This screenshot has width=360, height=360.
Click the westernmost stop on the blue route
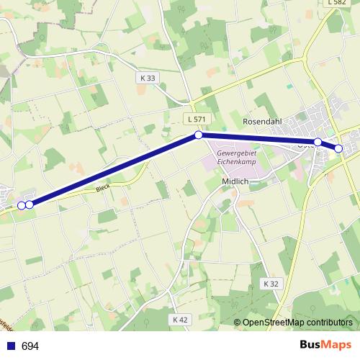coord(21,205)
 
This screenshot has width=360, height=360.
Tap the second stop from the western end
coord(30,204)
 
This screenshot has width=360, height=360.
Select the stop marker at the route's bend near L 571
coord(198,135)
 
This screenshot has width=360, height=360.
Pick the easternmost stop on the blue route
coord(338,148)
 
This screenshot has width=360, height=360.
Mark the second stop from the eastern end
coord(318,142)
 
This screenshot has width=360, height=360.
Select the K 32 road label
coord(271,284)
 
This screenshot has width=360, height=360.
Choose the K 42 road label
coord(180,319)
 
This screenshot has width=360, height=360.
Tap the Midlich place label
coord(235,181)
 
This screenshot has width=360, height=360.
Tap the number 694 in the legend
coord(30,346)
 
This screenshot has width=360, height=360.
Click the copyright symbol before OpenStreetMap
coord(238,323)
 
